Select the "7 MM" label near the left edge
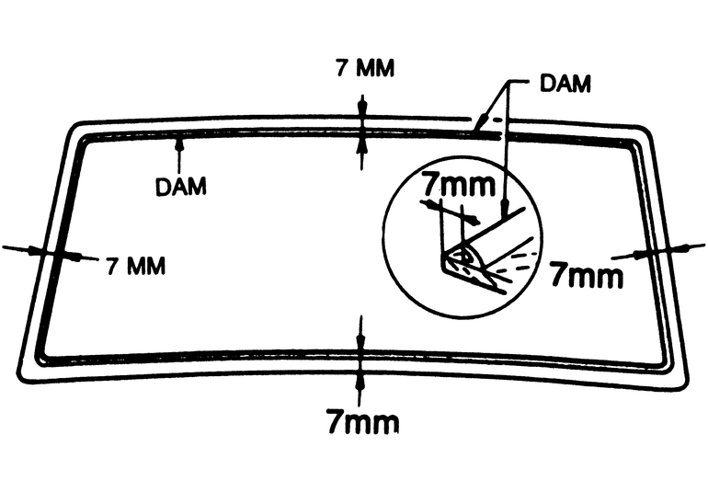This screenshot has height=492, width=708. point(136,267)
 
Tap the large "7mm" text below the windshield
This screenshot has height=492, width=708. point(362,422)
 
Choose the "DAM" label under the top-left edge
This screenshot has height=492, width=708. point(180,185)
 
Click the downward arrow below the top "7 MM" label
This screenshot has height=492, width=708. point(362,104)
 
